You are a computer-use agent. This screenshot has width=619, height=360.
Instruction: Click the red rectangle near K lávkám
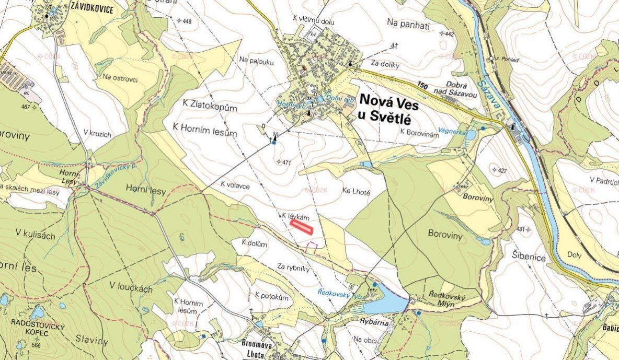[x=301, y=226]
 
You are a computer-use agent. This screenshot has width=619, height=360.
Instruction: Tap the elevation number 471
[x=285, y=162]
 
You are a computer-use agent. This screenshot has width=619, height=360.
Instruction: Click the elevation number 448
[x=187, y=21]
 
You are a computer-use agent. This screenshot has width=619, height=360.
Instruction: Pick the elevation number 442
[x=449, y=34]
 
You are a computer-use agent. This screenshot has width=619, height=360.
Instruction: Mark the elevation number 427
[x=502, y=171]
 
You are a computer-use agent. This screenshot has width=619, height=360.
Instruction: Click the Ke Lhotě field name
[x=357, y=192]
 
